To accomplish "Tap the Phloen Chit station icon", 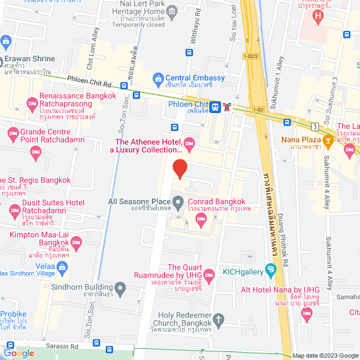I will point(215,106).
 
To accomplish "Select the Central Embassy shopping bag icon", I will point(159,78).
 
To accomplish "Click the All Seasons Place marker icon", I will point(178,201).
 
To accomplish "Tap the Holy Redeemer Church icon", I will point(219,319).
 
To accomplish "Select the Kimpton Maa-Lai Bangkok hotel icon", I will point(76,242).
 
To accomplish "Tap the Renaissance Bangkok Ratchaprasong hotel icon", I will point(32,104).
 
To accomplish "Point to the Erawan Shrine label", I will point(30,58).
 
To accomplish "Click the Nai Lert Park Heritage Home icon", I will point(172,11).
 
